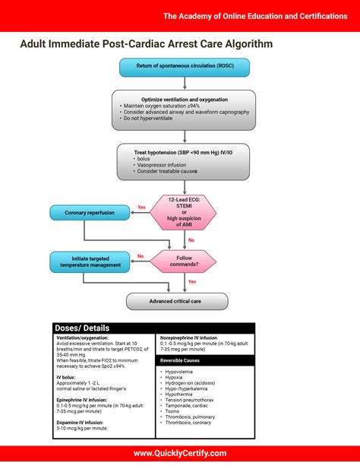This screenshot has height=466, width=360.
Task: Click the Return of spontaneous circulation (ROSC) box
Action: click(185, 67)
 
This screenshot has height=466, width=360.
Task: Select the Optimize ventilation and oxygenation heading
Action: click(185, 100)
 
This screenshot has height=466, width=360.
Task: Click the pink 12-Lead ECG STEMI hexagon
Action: click(185, 212)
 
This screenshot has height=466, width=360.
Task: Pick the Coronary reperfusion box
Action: click(90, 213)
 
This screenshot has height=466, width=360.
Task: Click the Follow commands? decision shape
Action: click(185, 262)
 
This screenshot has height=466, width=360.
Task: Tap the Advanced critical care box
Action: click(177, 302)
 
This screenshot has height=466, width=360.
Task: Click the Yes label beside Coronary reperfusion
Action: click(141, 208)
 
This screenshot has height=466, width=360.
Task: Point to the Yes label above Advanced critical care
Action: click(192, 282)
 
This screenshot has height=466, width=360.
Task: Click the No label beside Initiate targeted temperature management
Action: click(141, 256)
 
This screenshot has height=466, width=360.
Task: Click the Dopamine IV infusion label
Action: click(80, 422)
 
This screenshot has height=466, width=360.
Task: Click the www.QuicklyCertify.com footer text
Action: click(180, 452)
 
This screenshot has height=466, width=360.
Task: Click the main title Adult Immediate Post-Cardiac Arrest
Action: click(146, 44)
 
